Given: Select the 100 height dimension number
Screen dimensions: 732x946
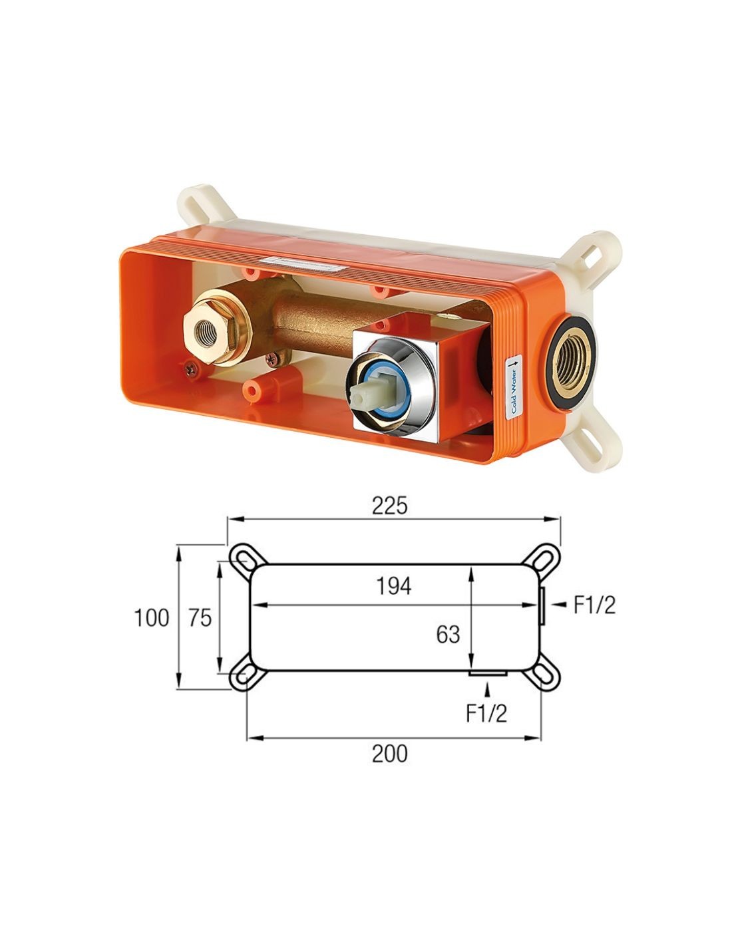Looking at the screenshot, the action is pyautogui.click(x=152, y=618).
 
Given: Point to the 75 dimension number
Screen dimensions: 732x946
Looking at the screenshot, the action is pyautogui.click(x=200, y=618).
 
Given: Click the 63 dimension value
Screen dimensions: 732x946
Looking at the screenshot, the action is pyautogui.click(x=448, y=635).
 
